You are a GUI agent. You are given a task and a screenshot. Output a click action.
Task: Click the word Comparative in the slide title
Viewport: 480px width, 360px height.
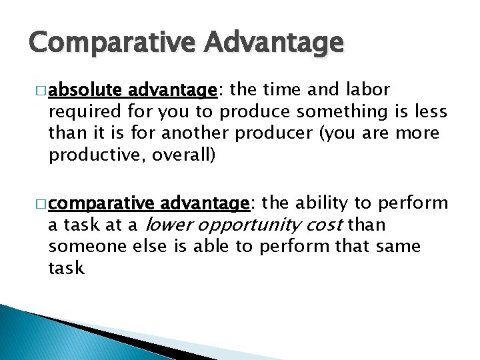(x=105, y=45)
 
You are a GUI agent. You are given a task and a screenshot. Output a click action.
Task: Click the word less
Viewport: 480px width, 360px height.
(x=431, y=111)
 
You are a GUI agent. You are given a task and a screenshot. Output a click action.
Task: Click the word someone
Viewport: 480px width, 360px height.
(x=79, y=247)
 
